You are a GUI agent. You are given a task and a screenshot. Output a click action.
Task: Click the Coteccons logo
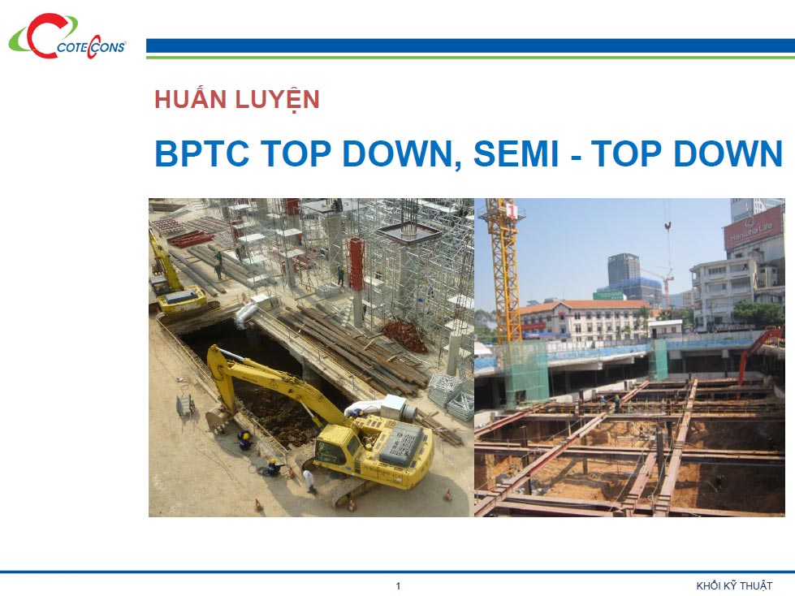click(67, 37)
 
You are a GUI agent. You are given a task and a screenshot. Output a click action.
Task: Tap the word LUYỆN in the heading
click(278, 100)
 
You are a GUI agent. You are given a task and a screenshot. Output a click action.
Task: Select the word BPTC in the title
click(201, 153)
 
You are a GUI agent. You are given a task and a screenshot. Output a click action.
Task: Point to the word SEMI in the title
click(516, 153)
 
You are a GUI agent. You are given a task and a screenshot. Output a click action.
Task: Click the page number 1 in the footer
click(398, 586)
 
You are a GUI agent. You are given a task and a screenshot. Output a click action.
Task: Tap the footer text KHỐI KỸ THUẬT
click(734, 586)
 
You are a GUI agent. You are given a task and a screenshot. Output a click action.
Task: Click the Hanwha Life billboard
click(753, 228)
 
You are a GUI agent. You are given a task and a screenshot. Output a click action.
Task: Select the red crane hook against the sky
click(668, 226)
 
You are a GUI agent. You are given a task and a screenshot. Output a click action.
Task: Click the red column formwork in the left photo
click(357, 264)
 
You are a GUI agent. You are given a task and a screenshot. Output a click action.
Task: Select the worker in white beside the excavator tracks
click(309, 481)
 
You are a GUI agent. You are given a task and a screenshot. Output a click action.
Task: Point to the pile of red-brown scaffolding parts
click(404, 335)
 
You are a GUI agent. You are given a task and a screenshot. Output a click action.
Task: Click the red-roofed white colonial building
click(583, 319)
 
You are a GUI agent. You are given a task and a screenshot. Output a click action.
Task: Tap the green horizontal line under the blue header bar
click(470, 58)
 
